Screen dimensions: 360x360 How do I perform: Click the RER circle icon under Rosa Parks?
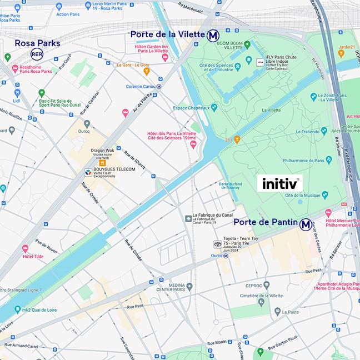coord(37,54)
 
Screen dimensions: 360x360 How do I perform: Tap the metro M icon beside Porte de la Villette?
coord(213,36)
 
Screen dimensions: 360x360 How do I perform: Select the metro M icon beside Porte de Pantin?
coord(306,224)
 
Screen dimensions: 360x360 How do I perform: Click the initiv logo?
coord(280,183)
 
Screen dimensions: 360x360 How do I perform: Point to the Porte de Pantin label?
coord(265,222)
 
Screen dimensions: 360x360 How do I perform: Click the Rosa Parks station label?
coord(37,43)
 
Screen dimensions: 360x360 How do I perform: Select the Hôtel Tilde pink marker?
coord(25,249)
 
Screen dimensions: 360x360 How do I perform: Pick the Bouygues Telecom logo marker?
coord(88,173)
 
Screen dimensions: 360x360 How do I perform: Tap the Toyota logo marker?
coord(218,244)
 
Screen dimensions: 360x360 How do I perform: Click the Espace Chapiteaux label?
coord(192,107)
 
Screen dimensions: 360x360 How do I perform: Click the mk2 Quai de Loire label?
coord(40,309)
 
